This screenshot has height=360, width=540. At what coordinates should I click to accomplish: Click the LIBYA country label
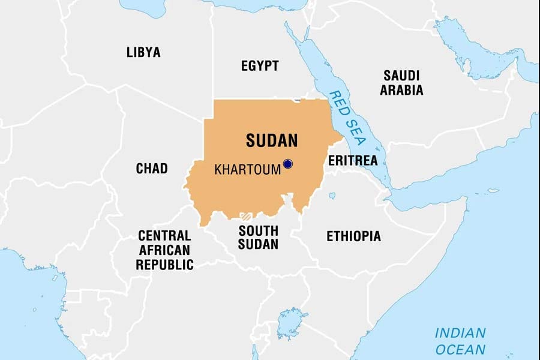pyautogui.click(x=143, y=52)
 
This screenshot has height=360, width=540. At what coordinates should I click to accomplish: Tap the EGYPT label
pyautogui.click(x=260, y=66)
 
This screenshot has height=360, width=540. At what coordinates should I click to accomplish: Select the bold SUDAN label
pyautogui.click(x=272, y=140)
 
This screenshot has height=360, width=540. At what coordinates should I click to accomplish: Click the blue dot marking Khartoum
pyautogui.click(x=287, y=163)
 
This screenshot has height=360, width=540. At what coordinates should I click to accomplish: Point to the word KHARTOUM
pyautogui.click(x=247, y=170)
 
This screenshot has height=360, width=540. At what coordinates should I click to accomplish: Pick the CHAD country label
pyautogui.click(x=152, y=169)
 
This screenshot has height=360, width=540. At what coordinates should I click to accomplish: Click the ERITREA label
pyautogui.click(x=353, y=161)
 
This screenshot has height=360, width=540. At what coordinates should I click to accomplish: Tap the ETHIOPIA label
pyautogui.click(x=353, y=236)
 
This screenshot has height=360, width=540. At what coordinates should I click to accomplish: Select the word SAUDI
pyautogui.click(x=401, y=76)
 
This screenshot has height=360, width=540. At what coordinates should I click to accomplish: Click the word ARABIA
pyautogui.click(x=401, y=91)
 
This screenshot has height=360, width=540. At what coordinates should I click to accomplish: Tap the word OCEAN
pyautogui.click(x=460, y=349)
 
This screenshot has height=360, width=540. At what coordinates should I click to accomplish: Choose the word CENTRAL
pyautogui.click(x=164, y=235)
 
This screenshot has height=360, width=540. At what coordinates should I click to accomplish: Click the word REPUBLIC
pyautogui.click(x=164, y=265)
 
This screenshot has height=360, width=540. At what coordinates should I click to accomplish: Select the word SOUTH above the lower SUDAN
pyautogui.click(x=258, y=230)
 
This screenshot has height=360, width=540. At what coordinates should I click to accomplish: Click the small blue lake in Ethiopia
pyautogui.click(x=332, y=196)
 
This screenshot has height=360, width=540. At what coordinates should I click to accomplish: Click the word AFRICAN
pyautogui.click(x=164, y=250)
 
